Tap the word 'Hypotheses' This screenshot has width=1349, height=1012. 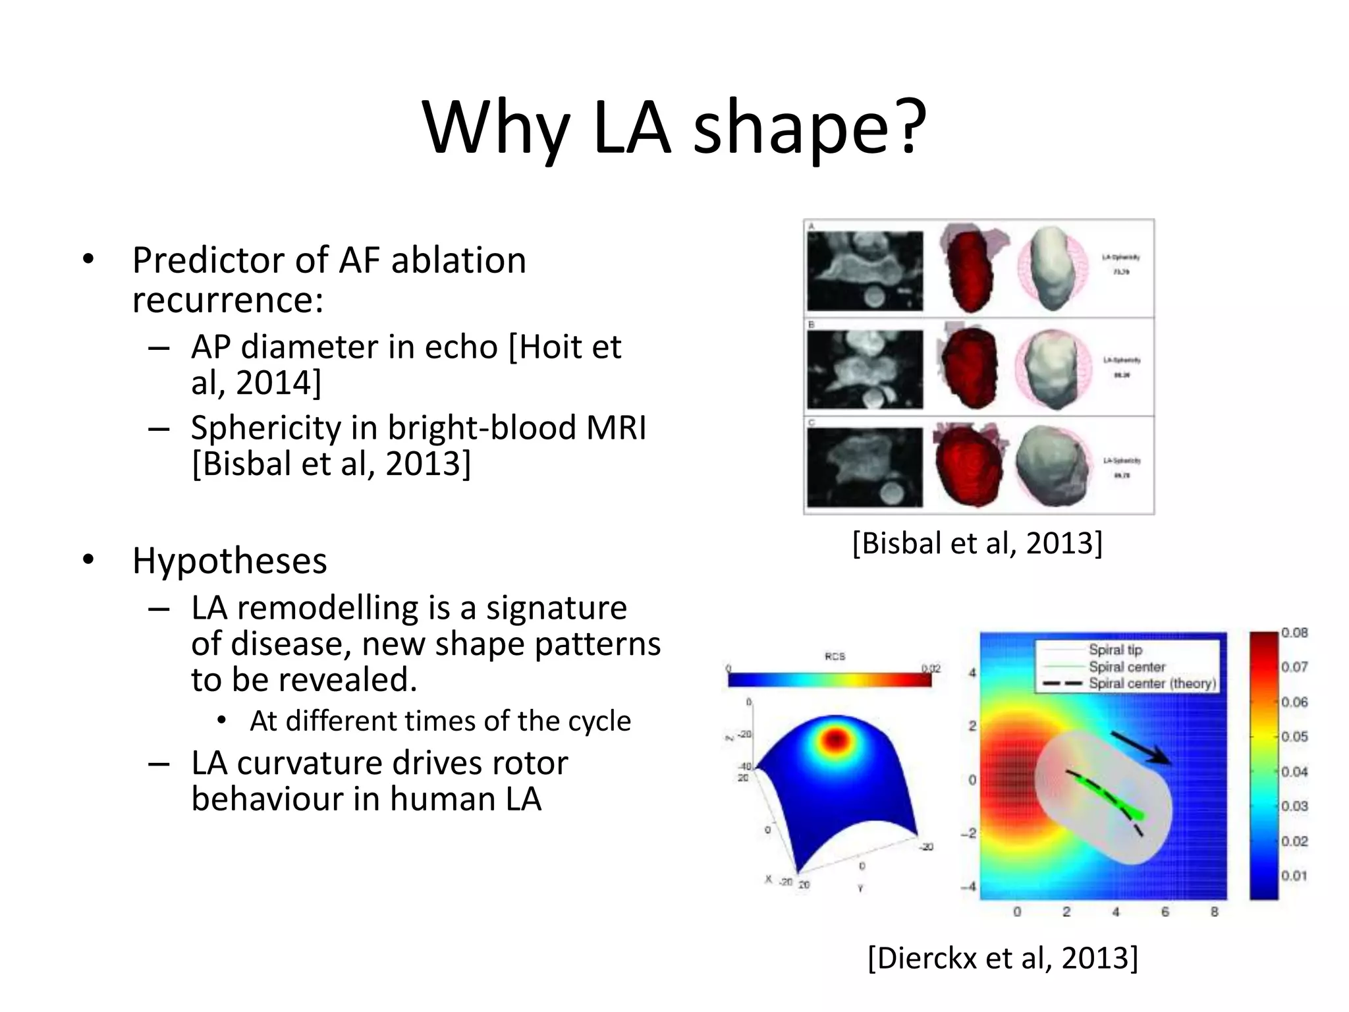pyautogui.click(x=229, y=561)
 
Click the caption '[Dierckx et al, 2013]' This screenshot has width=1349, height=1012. pyautogui.click(x=1003, y=957)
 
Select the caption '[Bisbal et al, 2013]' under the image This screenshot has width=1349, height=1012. pyautogui.click(x=977, y=544)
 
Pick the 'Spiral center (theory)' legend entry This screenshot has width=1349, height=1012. pyautogui.click(x=1151, y=683)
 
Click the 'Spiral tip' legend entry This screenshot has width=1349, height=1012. pyautogui.click(x=1115, y=650)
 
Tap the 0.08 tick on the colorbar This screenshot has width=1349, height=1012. pyautogui.click(x=1294, y=632)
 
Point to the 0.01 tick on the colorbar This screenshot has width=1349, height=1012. pyautogui.click(x=1294, y=876)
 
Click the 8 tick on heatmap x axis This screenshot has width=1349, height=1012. pyautogui.click(x=1214, y=912)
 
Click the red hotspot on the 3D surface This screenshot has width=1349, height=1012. pyautogui.click(x=835, y=739)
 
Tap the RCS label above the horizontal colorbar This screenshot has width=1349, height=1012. pyautogui.click(x=835, y=656)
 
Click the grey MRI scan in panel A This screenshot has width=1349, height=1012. pyautogui.click(x=865, y=271)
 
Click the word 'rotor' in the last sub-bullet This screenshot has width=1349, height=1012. pyautogui.click(x=527, y=764)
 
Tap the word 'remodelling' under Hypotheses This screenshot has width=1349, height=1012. pyautogui.click(x=327, y=607)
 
